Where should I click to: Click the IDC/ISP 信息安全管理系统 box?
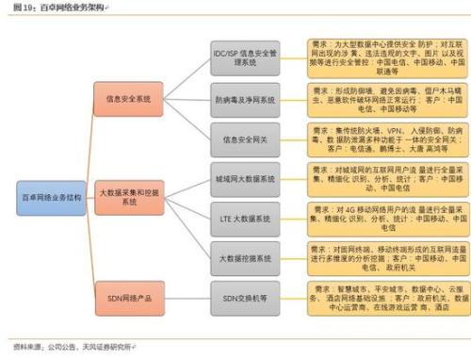click(244, 57)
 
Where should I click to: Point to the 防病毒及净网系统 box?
click(244, 99)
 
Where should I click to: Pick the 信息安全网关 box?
click(244, 139)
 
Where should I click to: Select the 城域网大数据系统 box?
click(244, 178)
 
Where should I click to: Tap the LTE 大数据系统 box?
click(244, 218)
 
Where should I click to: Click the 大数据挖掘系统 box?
click(244, 257)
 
